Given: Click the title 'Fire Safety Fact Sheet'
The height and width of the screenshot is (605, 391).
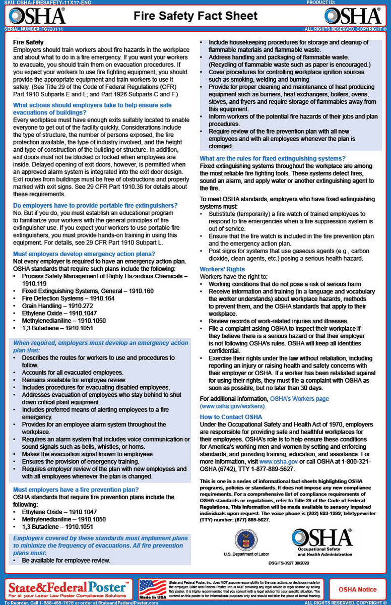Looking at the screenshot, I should [195, 16].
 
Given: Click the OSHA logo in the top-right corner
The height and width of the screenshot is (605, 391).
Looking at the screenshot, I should [353, 16].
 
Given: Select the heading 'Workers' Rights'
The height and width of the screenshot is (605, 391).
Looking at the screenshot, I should [222, 269].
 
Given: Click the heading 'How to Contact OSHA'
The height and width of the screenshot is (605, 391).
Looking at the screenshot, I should [231, 417].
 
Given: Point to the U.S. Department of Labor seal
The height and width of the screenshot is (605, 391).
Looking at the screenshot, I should [246, 539].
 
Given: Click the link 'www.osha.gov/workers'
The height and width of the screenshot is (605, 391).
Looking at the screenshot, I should [232, 406].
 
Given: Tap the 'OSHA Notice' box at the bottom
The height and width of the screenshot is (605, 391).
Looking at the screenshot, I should [357, 589].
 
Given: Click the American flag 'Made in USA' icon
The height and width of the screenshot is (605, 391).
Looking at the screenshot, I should [152, 589].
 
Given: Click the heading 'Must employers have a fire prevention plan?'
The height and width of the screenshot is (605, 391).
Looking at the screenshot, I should [76, 490].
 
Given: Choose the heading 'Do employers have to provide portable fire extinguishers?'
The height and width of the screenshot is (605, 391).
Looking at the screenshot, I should [95, 205].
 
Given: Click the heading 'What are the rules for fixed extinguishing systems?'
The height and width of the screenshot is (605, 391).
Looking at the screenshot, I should [273, 158].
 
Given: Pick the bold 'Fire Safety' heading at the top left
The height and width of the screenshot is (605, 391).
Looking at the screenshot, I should [28, 42].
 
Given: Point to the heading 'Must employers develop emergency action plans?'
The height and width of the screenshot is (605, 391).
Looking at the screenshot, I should [84, 254].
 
